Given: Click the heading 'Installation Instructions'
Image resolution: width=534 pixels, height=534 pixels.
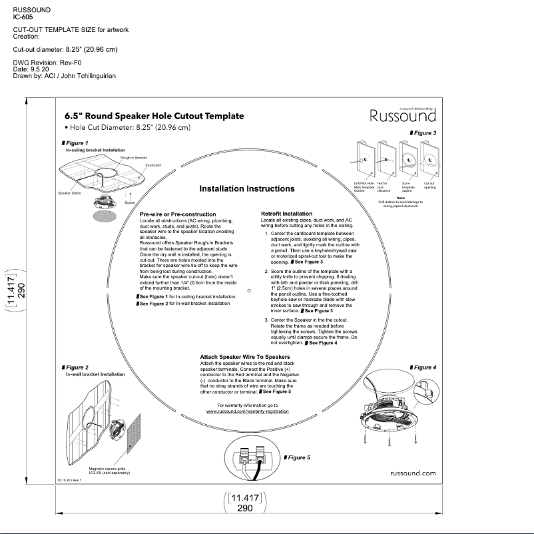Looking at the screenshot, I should (x=246, y=188).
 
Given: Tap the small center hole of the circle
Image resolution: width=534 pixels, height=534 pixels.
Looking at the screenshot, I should (x=248, y=290).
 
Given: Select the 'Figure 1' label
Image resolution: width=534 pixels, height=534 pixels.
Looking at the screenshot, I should (x=77, y=143).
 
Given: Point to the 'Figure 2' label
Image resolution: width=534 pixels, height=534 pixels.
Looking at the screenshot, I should (x=77, y=368).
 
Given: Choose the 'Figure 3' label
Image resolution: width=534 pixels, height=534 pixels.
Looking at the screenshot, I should (x=423, y=133).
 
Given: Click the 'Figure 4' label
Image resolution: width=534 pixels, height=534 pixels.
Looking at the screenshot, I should (x=423, y=368).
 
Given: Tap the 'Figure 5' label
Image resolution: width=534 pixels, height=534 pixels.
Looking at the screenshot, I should (x=298, y=457).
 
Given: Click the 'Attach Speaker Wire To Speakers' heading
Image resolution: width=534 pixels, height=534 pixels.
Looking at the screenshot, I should (x=245, y=357).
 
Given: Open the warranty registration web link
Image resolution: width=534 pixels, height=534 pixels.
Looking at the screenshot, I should (x=248, y=411).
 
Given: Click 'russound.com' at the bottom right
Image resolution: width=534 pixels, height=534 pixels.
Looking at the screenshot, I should (x=413, y=473).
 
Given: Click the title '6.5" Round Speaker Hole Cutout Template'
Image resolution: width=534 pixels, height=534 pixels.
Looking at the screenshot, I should (x=154, y=116).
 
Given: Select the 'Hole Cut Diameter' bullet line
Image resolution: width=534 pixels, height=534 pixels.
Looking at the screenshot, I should (x=127, y=127).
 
